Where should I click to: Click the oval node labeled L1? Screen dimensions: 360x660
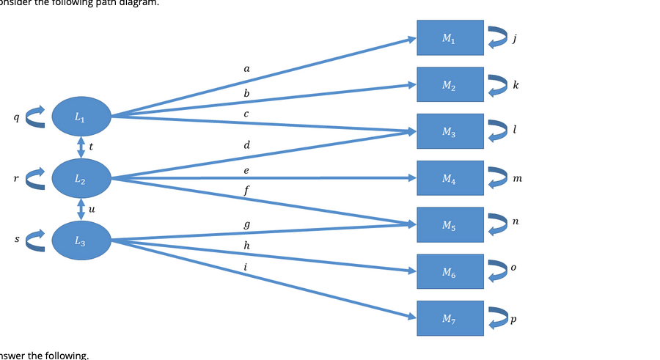81,116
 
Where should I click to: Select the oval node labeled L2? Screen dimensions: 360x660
81,177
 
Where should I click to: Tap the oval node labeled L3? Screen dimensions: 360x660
81,239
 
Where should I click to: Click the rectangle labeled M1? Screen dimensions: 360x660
450,37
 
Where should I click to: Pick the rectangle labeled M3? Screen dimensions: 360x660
450,131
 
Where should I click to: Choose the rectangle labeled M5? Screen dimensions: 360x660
450,224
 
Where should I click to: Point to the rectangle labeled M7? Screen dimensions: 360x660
450,318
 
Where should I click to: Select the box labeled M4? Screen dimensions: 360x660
450,178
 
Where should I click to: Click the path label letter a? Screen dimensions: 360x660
246,68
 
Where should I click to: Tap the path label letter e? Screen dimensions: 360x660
246,170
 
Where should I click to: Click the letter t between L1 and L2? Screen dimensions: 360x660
90,146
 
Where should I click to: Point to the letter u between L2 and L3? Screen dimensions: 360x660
91,208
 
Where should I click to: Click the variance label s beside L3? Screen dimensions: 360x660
7,239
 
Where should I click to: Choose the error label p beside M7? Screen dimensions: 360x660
514,320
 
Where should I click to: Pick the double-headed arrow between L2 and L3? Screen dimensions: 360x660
81,208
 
